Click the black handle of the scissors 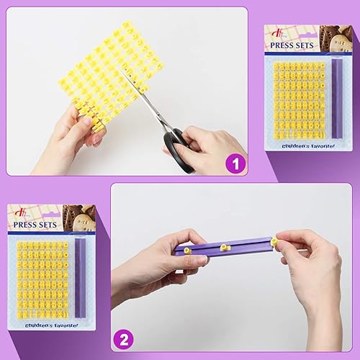(180, 148)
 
